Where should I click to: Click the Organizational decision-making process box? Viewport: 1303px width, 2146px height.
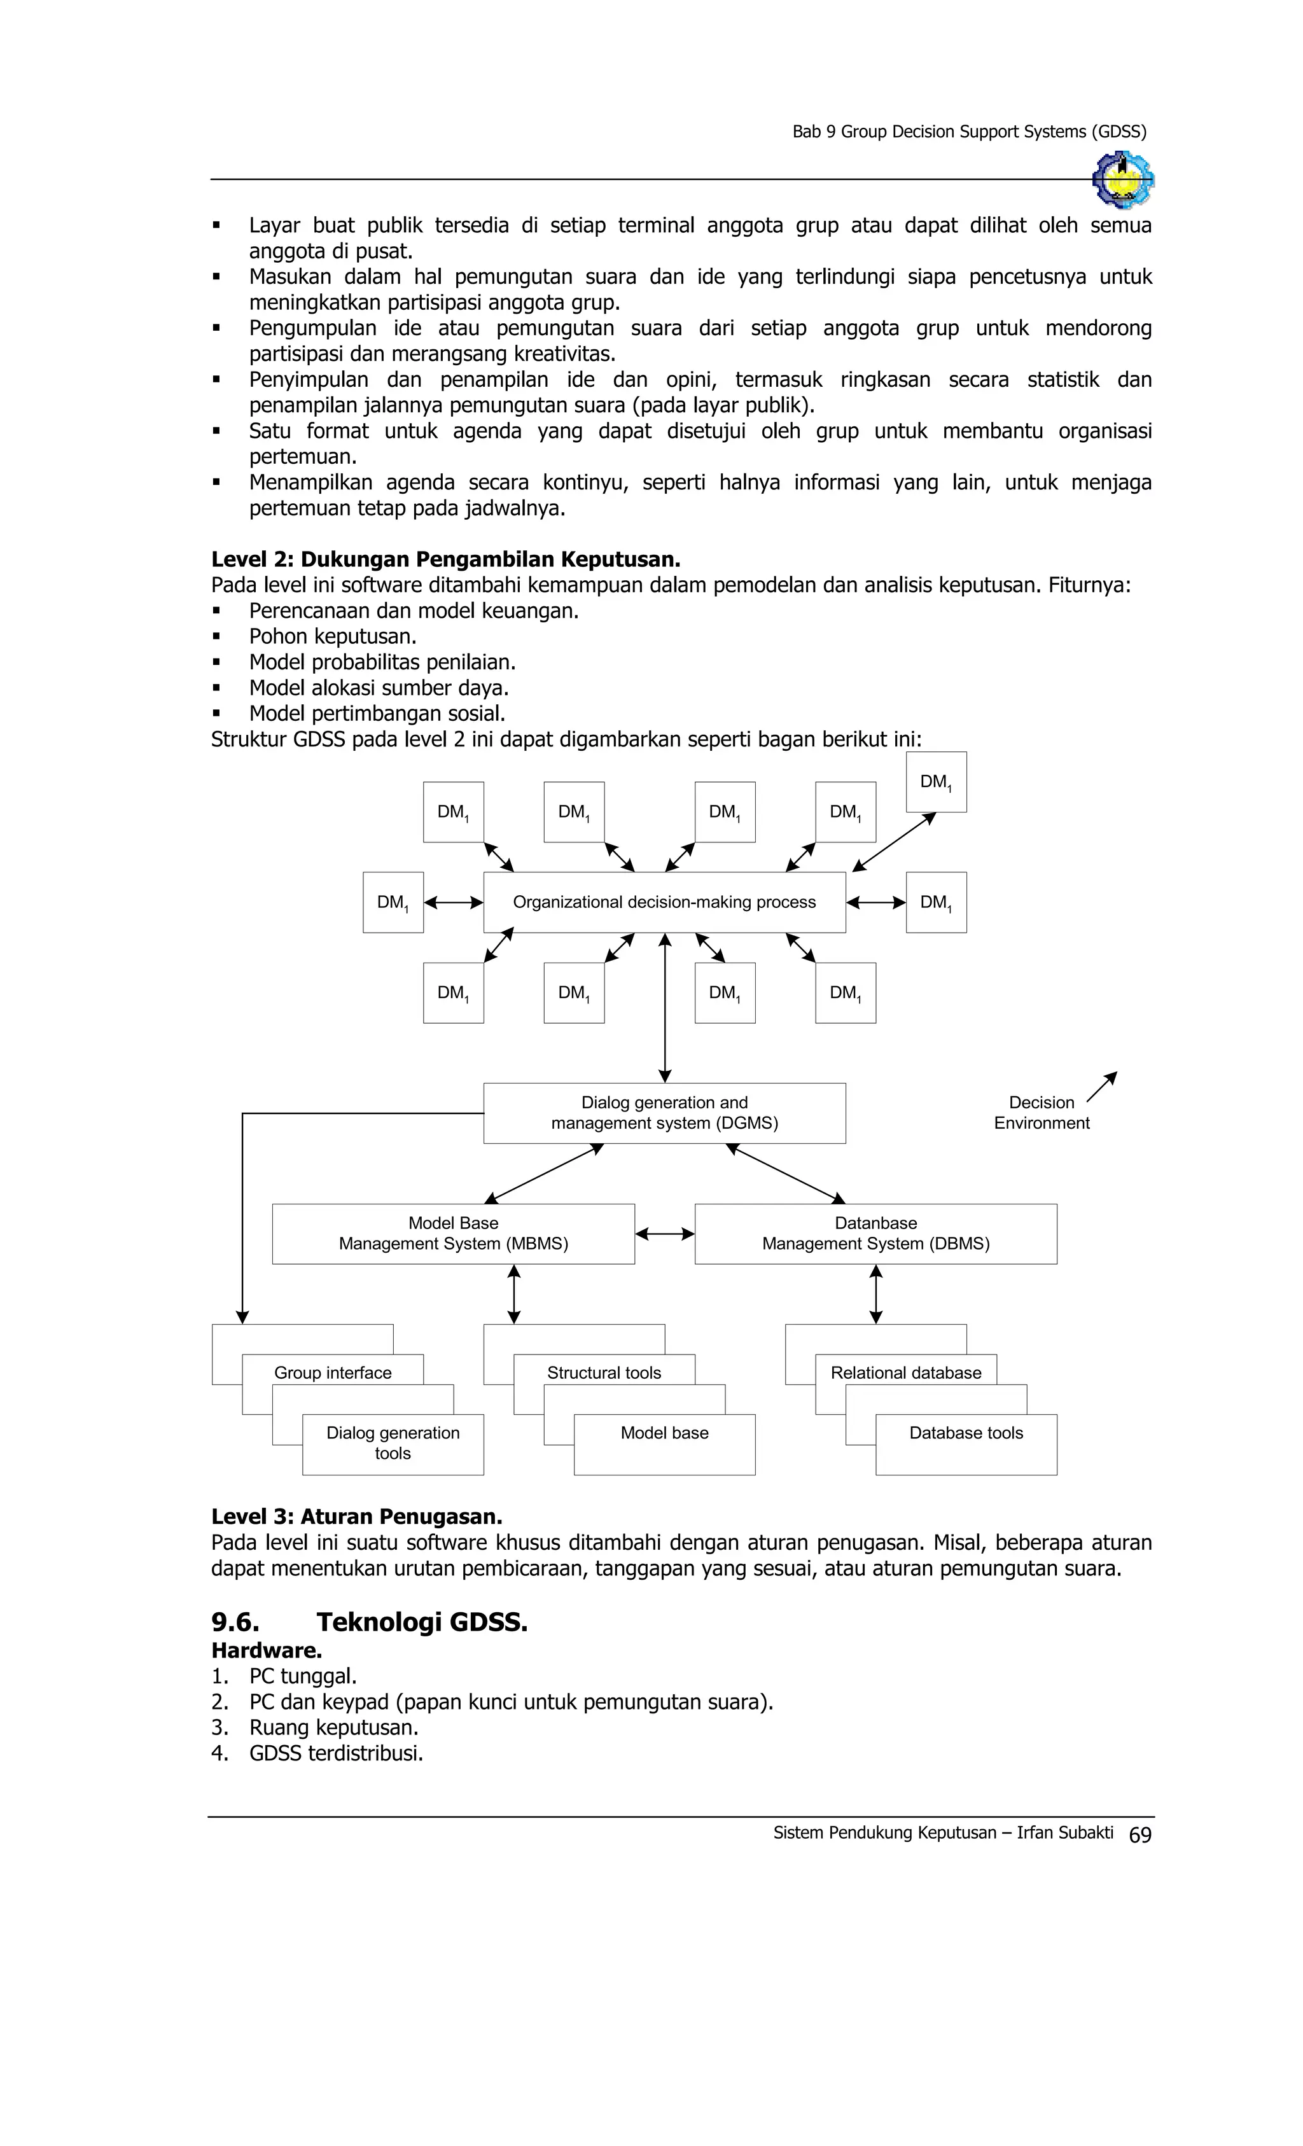[x=664, y=902]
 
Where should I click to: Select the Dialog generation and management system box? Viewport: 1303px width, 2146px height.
[x=664, y=1112]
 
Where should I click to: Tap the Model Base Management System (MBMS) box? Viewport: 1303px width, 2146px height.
[x=453, y=1233]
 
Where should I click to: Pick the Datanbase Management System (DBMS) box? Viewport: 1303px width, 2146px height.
[x=875, y=1233]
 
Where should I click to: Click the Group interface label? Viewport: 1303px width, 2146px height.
[x=333, y=1372]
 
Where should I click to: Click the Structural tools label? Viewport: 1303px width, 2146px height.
[x=604, y=1372]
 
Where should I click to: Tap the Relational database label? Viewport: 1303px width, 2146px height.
[x=906, y=1372]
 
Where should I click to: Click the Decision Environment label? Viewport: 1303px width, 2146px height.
[x=1042, y=1112]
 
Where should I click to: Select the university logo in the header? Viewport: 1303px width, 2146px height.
[x=1123, y=179]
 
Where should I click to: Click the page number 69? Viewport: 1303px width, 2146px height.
[x=1139, y=1835]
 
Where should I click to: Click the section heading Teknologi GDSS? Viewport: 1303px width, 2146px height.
[x=422, y=1622]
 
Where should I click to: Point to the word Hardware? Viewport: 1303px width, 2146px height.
[x=267, y=1650]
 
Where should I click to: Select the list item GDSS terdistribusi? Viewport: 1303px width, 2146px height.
[x=335, y=1753]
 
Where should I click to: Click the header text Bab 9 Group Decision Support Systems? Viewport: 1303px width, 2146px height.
[x=968, y=132]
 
